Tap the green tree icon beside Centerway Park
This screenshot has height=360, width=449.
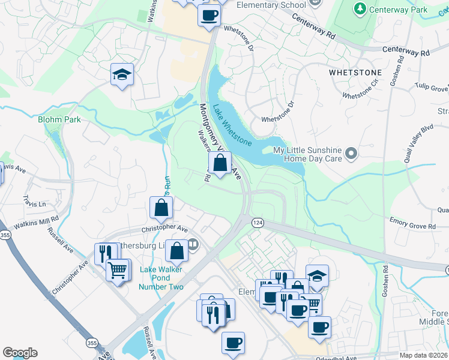(x=360, y=9)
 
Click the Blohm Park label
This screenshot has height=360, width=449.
(x=59, y=119)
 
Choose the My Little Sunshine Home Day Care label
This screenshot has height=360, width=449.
(x=307, y=154)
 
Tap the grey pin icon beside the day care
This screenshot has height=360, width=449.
(x=352, y=154)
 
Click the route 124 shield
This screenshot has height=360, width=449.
(x=256, y=222)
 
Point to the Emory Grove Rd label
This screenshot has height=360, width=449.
(x=412, y=226)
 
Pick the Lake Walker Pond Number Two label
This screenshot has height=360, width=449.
(x=161, y=278)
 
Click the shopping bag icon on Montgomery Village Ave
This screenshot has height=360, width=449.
(x=220, y=162)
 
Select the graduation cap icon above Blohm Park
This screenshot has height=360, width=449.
(x=122, y=75)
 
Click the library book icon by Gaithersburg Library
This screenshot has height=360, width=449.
(x=193, y=244)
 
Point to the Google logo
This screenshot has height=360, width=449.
(x=20, y=353)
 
